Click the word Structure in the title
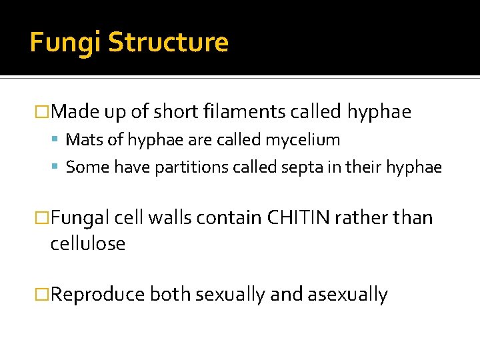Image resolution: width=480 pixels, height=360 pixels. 168,43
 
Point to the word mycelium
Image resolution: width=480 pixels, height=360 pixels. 305,140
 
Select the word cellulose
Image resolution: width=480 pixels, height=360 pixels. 87,243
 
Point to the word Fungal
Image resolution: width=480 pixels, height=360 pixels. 79,217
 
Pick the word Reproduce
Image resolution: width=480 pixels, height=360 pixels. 97,294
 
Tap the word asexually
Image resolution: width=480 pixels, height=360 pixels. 347,294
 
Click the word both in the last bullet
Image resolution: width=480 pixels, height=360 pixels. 169,294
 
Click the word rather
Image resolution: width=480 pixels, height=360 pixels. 373,217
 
